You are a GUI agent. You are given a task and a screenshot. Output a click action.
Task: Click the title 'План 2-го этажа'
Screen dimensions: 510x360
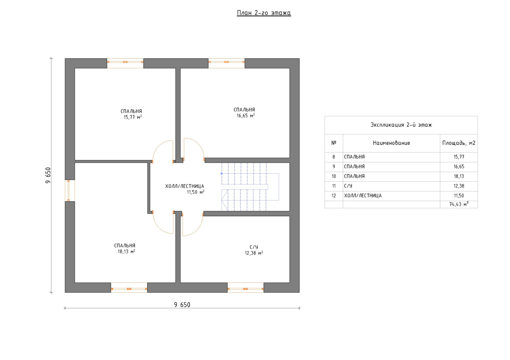(264, 13)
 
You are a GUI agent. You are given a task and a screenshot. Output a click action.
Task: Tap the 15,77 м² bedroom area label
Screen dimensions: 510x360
(133, 117)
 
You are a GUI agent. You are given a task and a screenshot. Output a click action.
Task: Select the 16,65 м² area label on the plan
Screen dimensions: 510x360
(246, 116)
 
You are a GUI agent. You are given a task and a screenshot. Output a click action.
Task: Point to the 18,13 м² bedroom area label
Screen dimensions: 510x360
(126, 252)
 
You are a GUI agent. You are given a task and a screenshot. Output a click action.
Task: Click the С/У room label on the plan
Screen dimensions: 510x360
(254, 247)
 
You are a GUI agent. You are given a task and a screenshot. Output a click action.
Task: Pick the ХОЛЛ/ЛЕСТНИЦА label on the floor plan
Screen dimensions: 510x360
(185, 186)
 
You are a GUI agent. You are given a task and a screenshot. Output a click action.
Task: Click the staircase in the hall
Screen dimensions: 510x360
(250, 187)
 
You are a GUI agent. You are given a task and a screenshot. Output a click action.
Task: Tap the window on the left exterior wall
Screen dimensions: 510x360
(70, 191)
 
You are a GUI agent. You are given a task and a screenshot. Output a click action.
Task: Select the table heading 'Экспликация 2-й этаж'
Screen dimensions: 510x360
(401, 125)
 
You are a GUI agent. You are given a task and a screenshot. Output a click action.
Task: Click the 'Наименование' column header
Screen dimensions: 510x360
(391, 143)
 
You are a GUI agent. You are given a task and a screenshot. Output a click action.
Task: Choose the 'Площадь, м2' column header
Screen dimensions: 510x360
(459, 143)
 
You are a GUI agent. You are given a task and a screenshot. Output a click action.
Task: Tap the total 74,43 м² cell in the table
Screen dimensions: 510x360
(459, 204)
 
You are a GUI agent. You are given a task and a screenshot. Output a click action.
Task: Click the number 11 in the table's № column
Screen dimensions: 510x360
(334, 186)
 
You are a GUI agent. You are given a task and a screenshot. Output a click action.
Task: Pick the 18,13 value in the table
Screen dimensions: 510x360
(459, 176)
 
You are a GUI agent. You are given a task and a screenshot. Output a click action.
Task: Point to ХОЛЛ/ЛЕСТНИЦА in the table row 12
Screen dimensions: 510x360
(363, 196)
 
